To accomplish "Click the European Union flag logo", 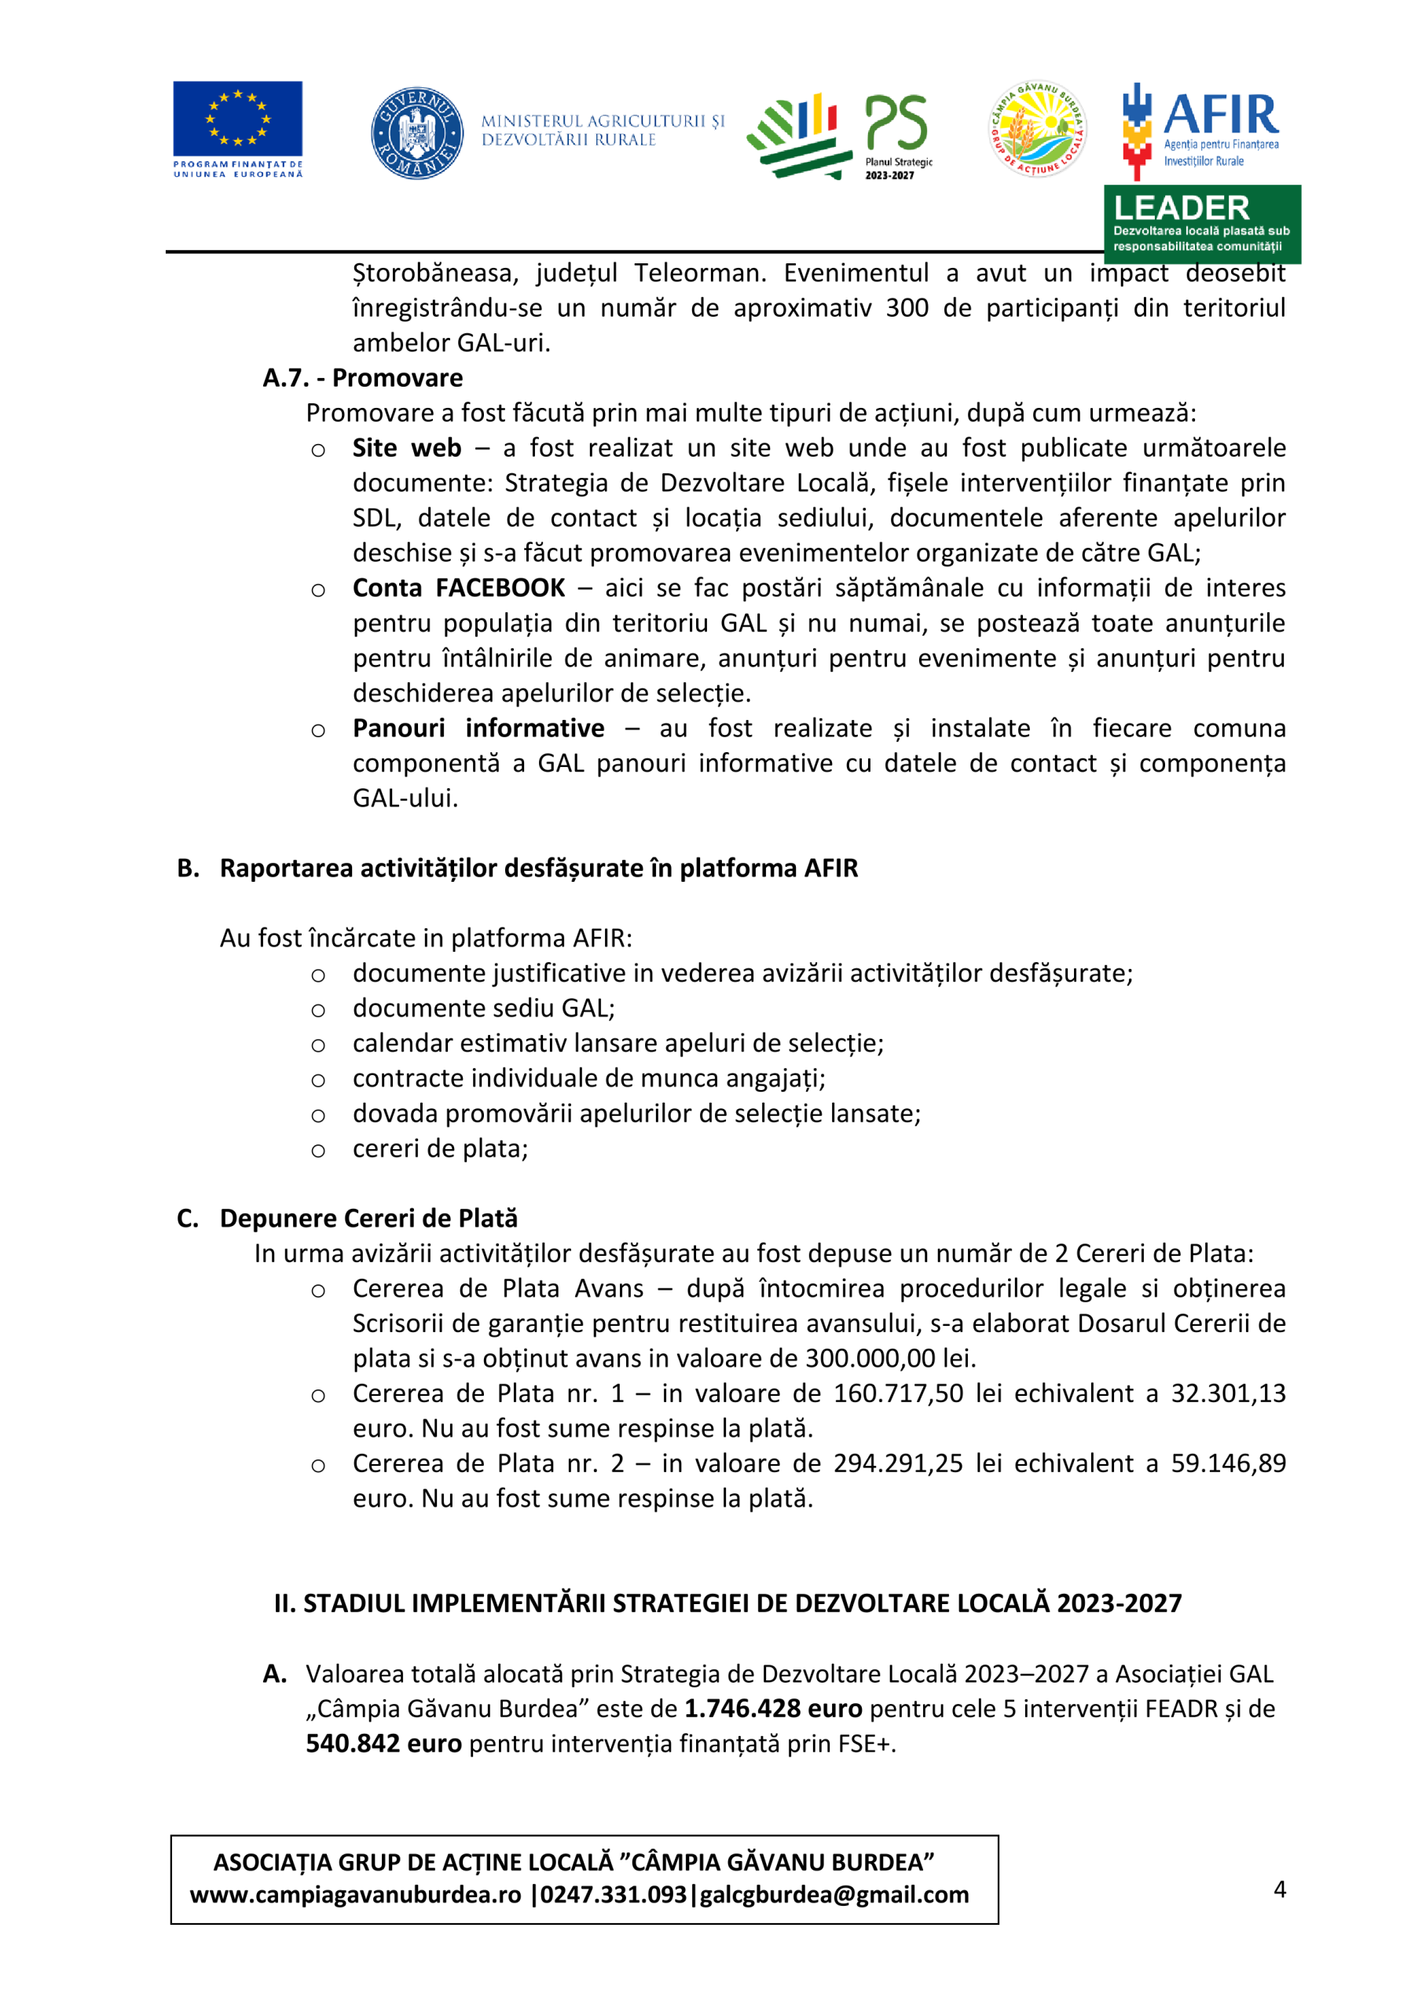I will (237, 119).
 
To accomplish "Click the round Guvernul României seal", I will (417, 133).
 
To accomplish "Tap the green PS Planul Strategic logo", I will (838, 135).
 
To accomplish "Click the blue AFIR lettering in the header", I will (1220, 115).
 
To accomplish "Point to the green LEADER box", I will (1201, 224).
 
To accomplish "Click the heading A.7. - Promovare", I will (363, 378).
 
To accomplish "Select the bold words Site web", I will (406, 448).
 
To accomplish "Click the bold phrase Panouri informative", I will (478, 729).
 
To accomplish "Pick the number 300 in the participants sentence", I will (907, 307).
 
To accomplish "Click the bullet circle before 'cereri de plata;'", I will (318, 1151).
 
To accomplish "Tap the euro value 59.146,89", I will (1229, 1463).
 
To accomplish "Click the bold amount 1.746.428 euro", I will (773, 1709).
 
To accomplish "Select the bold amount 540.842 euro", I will (383, 1744).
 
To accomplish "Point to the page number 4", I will (1279, 1889).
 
